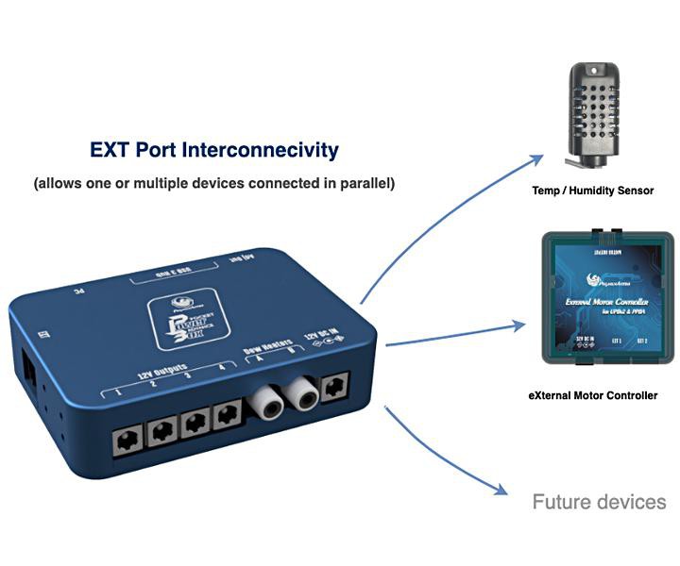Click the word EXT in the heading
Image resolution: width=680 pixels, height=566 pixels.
pyautogui.click(x=110, y=150)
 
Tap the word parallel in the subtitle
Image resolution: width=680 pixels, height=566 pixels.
pyautogui.click(x=365, y=183)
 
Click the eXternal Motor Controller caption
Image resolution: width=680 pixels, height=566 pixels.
pyautogui.click(x=592, y=395)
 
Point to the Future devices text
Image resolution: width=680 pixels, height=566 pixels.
pyautogui.click(x=599, y=502)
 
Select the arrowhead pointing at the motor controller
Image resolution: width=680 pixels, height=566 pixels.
pyautogui.click(x=518, y=326)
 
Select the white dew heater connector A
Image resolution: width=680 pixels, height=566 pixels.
pyautogui.click(x=263, y=404)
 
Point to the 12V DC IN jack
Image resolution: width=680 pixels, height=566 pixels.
pyautogui.click(x=335, y=386)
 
